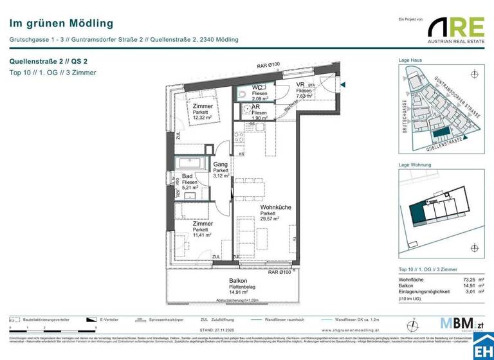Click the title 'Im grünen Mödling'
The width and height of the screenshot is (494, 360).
[61, 24]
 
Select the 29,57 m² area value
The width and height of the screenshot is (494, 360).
[270, 219]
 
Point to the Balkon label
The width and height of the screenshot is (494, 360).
[238, 281]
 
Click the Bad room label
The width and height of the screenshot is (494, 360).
[187, 176]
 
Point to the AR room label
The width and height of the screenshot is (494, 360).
[255, 107]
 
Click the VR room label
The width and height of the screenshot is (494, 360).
[300, 85]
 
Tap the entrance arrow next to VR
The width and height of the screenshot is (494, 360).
[343, 84]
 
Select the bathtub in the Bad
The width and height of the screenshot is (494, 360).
[190, 163]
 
